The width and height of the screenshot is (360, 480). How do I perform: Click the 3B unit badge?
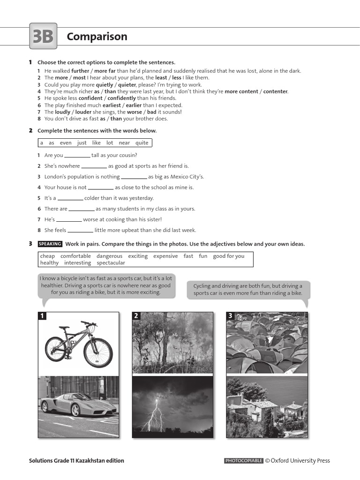click(43, 36)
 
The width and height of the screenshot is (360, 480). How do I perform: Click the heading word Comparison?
click(97, 37)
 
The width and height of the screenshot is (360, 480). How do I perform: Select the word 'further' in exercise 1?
click(80, 71)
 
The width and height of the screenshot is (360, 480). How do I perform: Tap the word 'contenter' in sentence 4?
click(275, 91)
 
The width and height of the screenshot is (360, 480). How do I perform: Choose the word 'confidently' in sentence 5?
click(122, 98)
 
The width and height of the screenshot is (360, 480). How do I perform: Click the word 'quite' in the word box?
click(142, 143)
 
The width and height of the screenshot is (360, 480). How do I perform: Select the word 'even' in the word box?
click(66, 143)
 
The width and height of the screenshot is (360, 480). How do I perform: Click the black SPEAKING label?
click(50, 244)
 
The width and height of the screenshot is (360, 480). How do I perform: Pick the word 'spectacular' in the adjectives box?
click(111, 263)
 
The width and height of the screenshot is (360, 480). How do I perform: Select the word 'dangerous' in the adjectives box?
click(109, 256)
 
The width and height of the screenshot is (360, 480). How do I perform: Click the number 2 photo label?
click(136, 316)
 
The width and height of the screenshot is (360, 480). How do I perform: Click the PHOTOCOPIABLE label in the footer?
click(244, 461)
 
